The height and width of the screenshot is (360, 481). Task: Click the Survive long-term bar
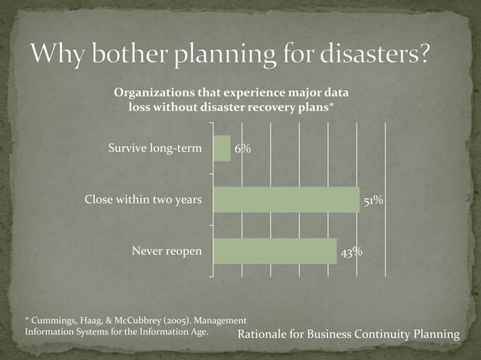click(x=222, y=148)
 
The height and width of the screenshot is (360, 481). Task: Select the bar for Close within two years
click(x=286, y=200)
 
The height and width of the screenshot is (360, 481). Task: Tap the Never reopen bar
click(x=275, y=251)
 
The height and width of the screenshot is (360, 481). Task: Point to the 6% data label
click(x=242, y=149)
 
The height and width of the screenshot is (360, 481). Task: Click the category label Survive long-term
click(x=155, y=148)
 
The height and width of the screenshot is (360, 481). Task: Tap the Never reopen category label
click(x=167, y=251)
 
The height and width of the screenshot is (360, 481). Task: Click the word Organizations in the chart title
click(x=151, y=93)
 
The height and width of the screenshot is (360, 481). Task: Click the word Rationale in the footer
click(x=263, y=333)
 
